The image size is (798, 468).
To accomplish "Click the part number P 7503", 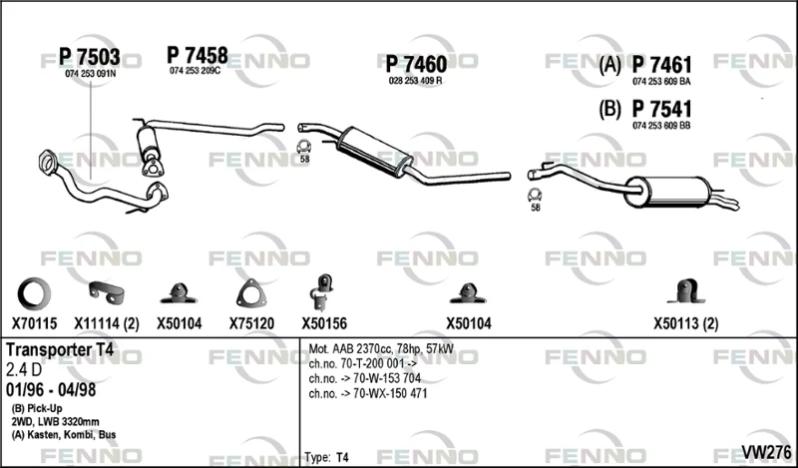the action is click(x=90, y=57).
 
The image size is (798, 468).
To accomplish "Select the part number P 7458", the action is click(x=198, y=55).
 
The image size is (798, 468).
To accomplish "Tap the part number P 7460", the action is click(x=416, y=64).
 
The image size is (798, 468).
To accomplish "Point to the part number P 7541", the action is click(x=661, y=110).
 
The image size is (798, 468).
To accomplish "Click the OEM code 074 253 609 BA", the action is click(x=661, y=82).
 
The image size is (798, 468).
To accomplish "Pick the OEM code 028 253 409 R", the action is click(x=415, y=81).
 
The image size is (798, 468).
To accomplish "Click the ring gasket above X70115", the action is click(x=34, y=292).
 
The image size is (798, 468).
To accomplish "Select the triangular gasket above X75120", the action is click(x=251, y=293).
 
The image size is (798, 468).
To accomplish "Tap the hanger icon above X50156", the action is click(x=321, y=292).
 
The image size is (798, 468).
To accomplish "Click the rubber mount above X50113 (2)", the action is click(x=686, y=291).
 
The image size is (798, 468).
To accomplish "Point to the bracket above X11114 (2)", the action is click(x=107, y=291).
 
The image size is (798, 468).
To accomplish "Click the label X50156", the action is click(x=324, y=323).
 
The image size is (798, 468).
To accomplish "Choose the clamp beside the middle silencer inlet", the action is click(x=304, y=147).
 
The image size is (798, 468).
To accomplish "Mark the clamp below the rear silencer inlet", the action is click(x=535, y=195).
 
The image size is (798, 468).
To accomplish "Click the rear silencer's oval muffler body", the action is click(x=667, y=192).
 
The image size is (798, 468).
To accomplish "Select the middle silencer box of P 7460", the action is click(x=375, y=152).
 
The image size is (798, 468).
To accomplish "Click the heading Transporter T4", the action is click(x=60, y=349).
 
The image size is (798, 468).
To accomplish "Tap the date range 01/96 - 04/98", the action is click(x=51, y=389).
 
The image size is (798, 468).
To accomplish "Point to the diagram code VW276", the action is click(x=766, y=452).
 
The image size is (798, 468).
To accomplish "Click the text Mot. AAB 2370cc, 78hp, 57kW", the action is click(x=381, y=349).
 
